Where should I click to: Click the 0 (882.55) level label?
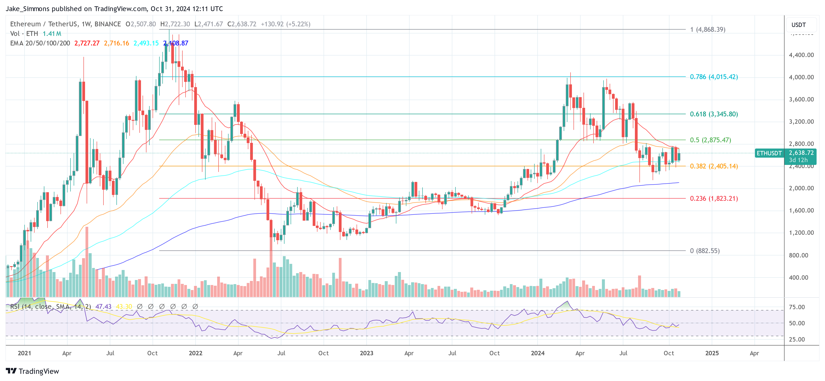704,251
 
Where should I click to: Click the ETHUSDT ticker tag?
769,153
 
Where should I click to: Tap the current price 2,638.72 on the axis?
801,153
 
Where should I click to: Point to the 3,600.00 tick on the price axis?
801,99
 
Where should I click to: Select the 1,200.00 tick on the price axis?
801,233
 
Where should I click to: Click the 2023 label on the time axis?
366,353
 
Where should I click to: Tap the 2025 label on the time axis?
712,353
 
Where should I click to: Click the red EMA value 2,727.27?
87,43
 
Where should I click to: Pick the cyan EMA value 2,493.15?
146,43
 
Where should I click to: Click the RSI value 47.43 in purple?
103,307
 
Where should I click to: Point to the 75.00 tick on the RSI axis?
797,307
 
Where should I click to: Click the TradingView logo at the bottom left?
32,371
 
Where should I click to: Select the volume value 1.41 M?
52,34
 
